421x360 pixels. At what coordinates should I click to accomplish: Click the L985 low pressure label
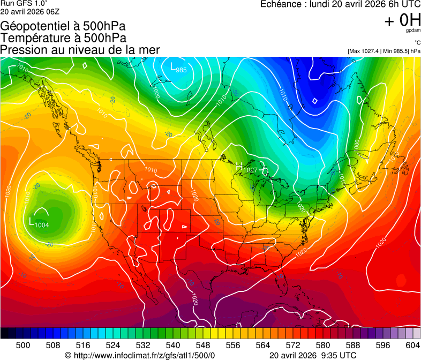coord(178,68)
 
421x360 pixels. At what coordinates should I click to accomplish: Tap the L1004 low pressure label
coord(39,223)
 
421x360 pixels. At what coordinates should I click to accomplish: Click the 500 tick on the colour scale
coord(23,346)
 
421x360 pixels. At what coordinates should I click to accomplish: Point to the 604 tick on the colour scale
coord(413,346)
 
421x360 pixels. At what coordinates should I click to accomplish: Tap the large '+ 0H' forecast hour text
coord(402,20)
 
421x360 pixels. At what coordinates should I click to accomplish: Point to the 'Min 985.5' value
coord(397,51)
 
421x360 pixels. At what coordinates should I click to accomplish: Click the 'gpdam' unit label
coord(413,31)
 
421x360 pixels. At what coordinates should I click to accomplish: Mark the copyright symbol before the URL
coord(68,355)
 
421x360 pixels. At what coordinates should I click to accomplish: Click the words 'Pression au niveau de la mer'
coord(80,50)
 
